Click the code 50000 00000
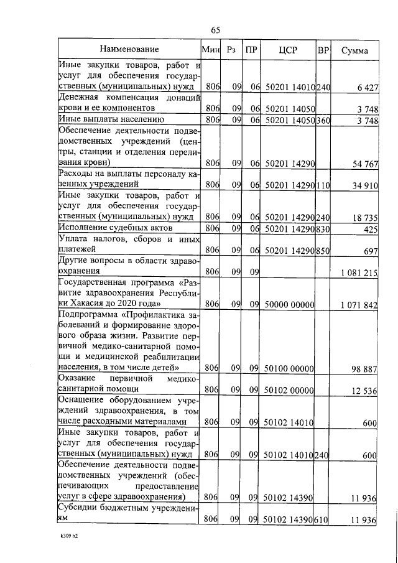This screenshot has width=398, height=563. click(289, 305)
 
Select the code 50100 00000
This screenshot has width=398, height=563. click(289, 368)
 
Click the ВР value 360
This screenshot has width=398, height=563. click(323, 120)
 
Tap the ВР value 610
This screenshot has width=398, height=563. click(323, 519)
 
